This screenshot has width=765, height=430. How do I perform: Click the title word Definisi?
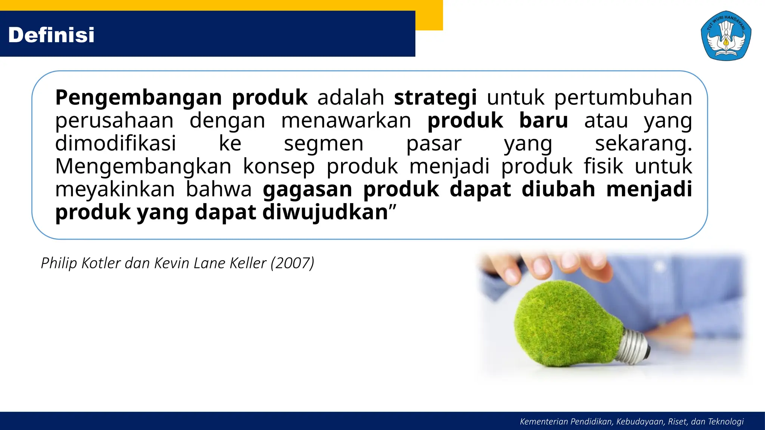point(51,35)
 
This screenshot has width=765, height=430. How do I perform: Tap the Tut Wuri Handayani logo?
point(726,36)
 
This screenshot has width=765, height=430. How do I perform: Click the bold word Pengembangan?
point(139,98)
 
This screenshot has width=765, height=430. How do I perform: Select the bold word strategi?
point(435,98)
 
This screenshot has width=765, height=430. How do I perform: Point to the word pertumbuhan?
point(623,98)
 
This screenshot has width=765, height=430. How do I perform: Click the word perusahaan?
point(114,121)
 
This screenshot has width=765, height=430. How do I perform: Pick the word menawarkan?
point(346,121)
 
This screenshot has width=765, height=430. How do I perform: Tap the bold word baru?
point(543,121)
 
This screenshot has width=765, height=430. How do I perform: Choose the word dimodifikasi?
point(115,144)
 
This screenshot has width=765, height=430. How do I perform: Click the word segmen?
point(323,144)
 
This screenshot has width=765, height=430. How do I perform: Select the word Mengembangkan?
point(143,167)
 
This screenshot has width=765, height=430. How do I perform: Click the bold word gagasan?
point(307,190)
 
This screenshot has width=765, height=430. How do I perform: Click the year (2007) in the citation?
point(292,263)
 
